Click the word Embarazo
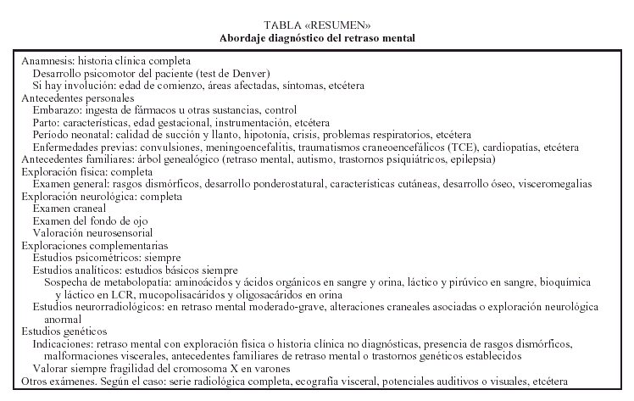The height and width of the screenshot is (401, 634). pos(57,110)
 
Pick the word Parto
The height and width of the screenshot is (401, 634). pos(47,122)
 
